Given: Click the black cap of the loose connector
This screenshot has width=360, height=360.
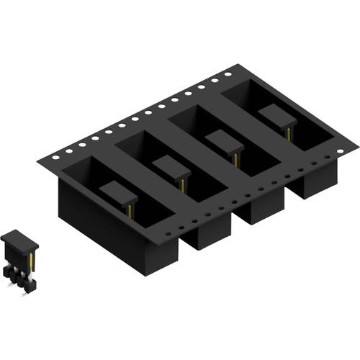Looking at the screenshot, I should coord(18,238).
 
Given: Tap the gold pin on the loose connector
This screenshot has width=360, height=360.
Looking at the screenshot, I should coord(32,259).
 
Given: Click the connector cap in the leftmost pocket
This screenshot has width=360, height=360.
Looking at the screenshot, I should coord(118,192).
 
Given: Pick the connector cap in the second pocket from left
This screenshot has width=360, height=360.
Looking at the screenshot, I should coord(171,166).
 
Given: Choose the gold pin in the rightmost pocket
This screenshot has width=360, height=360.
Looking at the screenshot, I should coord(287,132).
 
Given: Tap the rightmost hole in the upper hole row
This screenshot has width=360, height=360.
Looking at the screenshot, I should coord(228,73).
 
